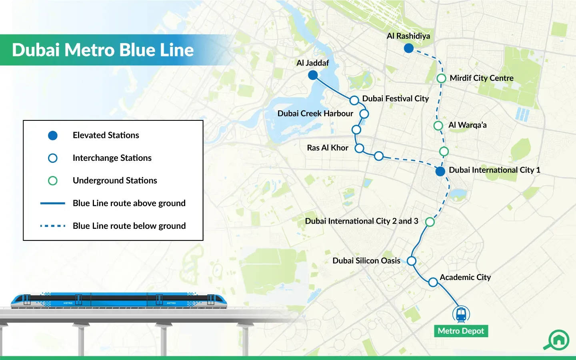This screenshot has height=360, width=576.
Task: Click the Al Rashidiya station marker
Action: (409, 48)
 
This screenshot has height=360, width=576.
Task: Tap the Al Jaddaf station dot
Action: (313, 75)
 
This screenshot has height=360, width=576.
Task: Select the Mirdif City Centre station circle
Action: (441, 78)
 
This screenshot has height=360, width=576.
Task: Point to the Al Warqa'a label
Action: (468, 125)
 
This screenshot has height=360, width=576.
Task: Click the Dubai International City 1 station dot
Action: (440, 171)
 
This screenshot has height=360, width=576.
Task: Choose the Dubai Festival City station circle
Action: (354, 100)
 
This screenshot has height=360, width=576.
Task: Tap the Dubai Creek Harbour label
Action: (315, 114)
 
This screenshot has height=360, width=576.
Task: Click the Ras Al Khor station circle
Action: (359, 148)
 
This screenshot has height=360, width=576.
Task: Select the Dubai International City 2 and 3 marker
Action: (430, 222)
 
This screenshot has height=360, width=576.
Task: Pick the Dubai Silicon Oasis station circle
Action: (412, 261)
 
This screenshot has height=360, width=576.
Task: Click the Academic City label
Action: (465, 277)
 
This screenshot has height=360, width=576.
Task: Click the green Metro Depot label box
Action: (461, 331)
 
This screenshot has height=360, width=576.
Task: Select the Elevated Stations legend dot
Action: (53, 136)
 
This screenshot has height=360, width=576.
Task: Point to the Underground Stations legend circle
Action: (53, 180)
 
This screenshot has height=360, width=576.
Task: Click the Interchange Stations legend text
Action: (112, 158)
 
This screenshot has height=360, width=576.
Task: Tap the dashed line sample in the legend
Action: (53, 226)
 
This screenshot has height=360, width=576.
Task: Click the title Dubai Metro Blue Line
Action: (103, 50)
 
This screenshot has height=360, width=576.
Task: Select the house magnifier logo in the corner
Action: (556, 340)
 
